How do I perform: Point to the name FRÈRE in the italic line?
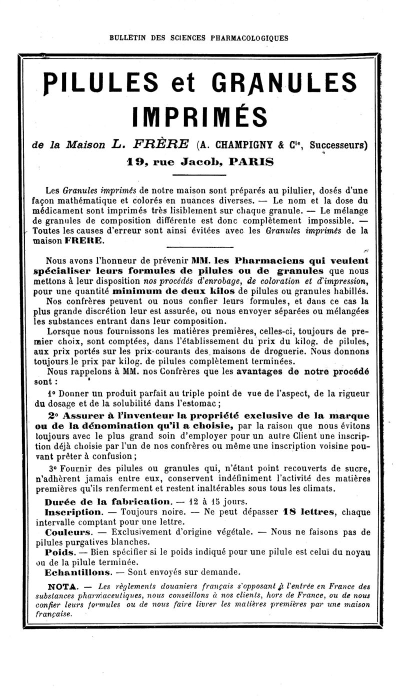161,144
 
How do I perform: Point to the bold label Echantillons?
77,571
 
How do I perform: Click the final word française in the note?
54,614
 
